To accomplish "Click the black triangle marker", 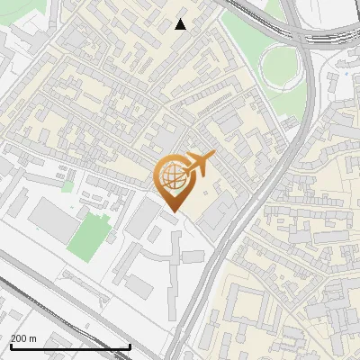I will point(180,24).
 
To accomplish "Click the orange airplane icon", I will point(199,164).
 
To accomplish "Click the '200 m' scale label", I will point(23,338).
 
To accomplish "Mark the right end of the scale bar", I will point(130,346).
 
